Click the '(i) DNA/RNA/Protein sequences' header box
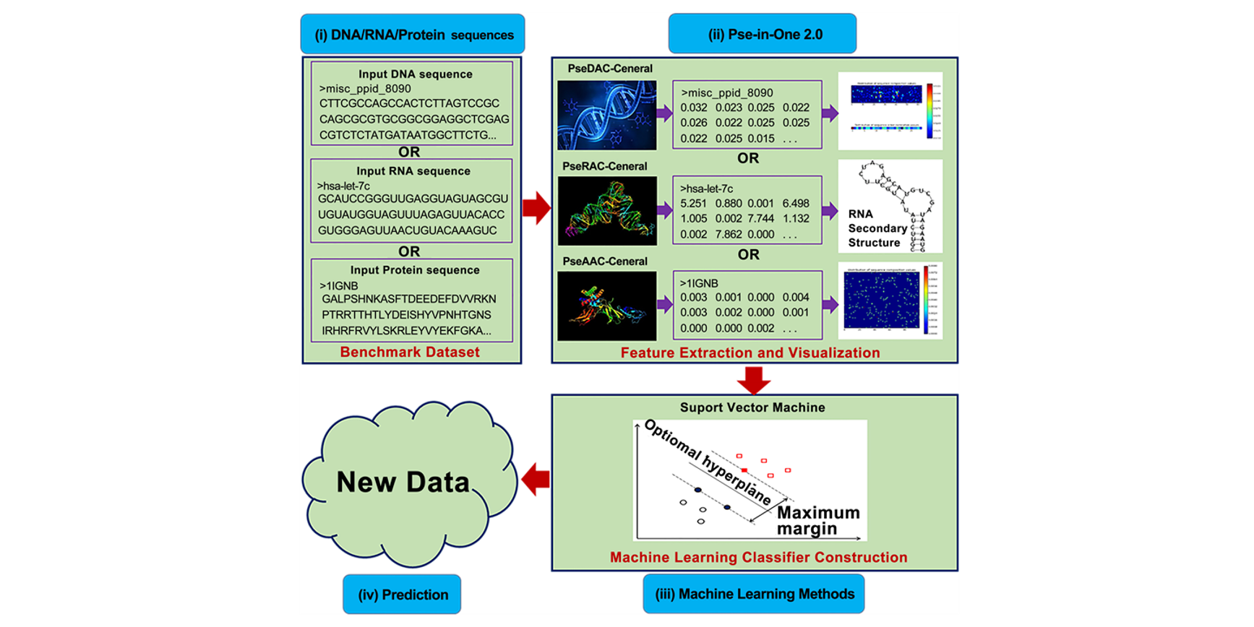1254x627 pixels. click(413, 34)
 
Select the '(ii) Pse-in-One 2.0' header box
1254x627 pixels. click(762, 34)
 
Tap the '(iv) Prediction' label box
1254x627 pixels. click(402, 594)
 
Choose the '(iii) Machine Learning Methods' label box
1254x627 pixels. click(754, 594)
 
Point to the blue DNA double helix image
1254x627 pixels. click(606, 115)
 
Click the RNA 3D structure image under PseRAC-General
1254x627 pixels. click(606, 211)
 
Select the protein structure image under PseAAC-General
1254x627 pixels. click(606, 306)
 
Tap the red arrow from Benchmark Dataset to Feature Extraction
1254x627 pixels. click(536, 209)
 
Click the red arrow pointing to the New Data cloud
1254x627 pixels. click(536, 480)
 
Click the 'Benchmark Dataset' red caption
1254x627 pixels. click(410, 353)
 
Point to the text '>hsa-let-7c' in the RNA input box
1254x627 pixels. click(344, 186)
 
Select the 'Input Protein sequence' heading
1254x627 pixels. click(415, 270)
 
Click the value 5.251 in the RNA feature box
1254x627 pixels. click(694, 204)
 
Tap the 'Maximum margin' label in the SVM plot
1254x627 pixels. click(817, 521)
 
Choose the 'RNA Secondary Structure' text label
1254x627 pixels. click(877, 228)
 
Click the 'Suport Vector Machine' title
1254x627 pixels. click(752, 407)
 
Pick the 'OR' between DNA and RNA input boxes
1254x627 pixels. click(409, 152)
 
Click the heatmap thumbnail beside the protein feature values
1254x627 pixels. click(890, 300)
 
